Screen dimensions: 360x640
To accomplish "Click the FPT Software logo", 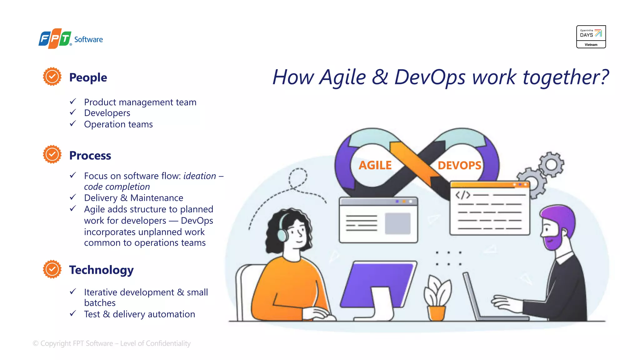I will point(71,39).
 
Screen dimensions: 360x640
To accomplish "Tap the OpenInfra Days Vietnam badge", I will point(591,37).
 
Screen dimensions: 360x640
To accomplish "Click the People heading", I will point(88,77).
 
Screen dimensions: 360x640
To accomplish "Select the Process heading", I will point(90,155).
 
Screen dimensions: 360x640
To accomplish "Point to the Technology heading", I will point(101,270).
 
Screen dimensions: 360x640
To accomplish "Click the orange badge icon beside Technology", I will point(52,269).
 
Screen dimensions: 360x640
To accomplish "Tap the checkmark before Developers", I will point(73,112).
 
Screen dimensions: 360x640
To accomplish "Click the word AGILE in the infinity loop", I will point(375,165).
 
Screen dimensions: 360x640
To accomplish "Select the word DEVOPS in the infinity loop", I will point(459,165).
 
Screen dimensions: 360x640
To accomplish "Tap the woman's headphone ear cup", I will point(283,235).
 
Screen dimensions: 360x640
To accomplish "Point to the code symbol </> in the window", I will point(462,195).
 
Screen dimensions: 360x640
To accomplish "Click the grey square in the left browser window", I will point(397,223).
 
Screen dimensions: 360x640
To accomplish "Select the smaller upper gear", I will point(552,164).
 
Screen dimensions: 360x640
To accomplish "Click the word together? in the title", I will point(566,77).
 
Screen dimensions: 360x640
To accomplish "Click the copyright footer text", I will point(112,343).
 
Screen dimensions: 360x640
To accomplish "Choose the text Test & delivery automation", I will point(139,314).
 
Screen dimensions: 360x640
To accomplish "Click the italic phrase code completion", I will point(117,187).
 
